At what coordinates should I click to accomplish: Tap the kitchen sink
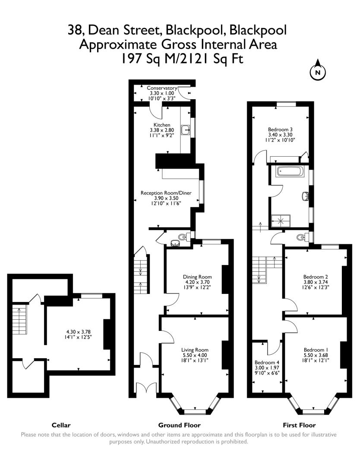coord(186,130)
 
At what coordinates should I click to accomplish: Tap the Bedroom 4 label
coord(267,362)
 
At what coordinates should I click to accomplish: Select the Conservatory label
coord(162,88)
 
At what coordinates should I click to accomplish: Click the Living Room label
coord(195,350)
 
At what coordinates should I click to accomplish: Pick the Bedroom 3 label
coord(280,129)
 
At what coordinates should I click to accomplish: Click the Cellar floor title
coord(61,425)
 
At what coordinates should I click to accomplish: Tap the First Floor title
coord(299,425)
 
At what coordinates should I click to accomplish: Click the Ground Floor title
coord(179,425)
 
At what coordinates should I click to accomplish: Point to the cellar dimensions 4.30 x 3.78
coord(79,332)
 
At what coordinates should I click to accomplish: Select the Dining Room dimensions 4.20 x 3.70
coord(197,282)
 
